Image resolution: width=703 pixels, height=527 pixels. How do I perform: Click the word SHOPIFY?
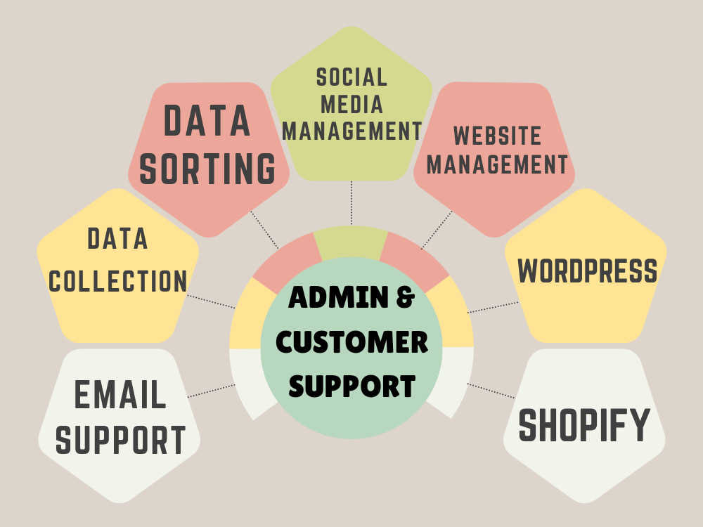584,424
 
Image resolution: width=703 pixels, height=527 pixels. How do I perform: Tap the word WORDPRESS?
587,271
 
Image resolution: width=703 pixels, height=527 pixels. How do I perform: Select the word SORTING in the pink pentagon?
207,169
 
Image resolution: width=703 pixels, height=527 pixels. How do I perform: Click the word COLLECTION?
117,280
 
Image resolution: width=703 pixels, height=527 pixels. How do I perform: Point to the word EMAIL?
120,394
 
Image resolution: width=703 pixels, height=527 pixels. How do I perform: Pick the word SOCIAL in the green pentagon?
351,77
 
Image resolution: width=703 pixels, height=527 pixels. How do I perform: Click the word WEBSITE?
497,136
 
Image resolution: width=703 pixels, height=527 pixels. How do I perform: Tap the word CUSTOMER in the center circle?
352,342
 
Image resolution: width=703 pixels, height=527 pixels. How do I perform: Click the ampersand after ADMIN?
406,297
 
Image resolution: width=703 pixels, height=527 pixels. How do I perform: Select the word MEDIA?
352,105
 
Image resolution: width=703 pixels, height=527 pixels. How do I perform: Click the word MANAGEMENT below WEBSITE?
497,164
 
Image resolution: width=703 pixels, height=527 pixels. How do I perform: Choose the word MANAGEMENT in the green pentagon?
352,131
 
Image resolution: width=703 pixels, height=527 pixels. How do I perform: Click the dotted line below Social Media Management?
351,202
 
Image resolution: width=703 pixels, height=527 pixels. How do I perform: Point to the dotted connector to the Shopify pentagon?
491,390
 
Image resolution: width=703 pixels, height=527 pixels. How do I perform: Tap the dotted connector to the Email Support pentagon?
211,391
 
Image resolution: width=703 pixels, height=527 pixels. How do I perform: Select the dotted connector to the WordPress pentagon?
494,307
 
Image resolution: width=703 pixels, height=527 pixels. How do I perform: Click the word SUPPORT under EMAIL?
120,440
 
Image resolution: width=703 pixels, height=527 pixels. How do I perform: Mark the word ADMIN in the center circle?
339,297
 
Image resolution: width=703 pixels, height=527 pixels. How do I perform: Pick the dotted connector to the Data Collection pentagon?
211,301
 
